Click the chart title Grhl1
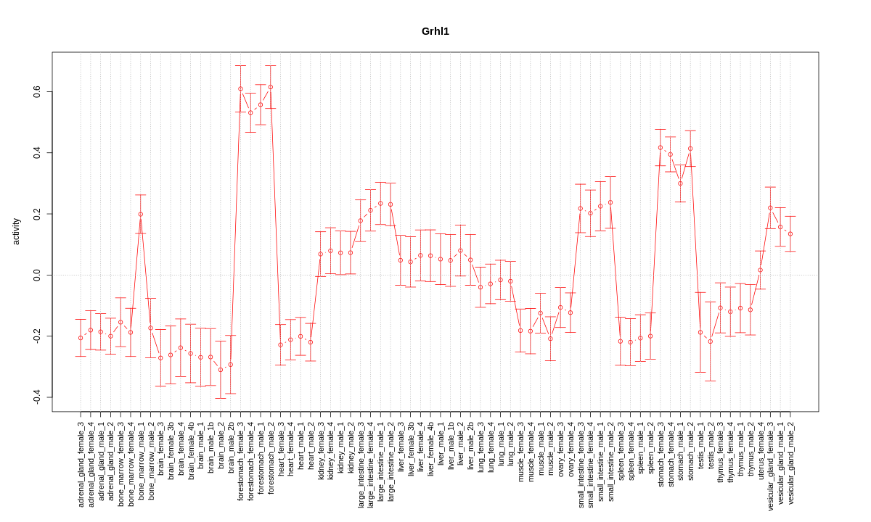(435, 31)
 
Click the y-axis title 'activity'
(16, 232)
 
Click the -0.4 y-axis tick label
(36, 397)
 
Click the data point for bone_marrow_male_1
(141, 214)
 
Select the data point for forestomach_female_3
(240, 88)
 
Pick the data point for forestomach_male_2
(271, 87)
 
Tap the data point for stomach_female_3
(661, 148)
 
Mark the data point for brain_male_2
(221, 370)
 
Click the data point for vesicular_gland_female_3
(770, 208)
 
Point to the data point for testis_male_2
(711, 341)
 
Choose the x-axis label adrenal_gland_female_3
(81, 463)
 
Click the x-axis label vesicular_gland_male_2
(790, 463)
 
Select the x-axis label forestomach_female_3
(240, 465)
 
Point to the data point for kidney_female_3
(320, 254)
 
